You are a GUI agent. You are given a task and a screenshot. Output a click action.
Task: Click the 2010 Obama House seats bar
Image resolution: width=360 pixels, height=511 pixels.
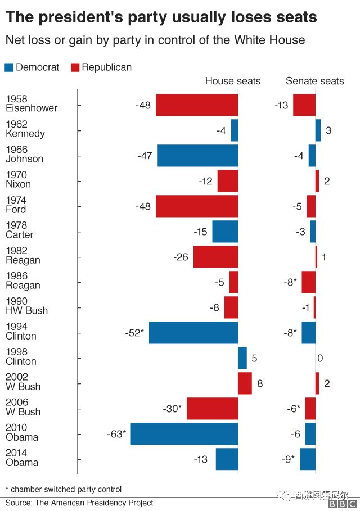click(x=184, y=434)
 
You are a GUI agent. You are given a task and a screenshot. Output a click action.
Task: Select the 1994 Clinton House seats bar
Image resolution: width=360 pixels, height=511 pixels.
click(x=193, y=333)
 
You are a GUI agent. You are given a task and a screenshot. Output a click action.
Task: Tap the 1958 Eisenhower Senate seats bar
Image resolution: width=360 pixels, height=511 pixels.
click(x=304, y=105)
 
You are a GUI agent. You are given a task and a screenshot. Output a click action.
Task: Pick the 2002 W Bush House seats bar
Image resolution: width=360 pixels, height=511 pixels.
click(x=245, y=383)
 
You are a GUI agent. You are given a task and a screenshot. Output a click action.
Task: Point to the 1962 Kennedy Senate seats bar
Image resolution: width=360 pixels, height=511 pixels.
click(x=318, y=130)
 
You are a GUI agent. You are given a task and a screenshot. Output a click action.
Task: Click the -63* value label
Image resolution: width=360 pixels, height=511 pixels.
click(x=116, y=434)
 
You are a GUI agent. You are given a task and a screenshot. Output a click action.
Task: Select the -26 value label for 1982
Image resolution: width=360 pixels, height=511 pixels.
click(x=181, y=257)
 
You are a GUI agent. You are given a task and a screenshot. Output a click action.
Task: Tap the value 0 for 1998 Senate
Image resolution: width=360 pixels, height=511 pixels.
click(x=320, y=358)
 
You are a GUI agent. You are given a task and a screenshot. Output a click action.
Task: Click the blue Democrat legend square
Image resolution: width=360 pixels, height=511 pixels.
click(x=9, y=67)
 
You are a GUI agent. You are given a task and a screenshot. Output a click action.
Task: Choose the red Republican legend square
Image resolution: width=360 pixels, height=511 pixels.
click(x=75, y=67)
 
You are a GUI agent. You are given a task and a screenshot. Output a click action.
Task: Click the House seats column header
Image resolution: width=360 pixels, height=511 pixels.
click(x=232, y=81)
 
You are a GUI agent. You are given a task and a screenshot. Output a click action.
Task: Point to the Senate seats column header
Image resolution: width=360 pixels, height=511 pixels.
click(x=314, y=81)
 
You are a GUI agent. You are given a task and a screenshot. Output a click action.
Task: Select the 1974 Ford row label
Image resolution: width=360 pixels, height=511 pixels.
click(x=16, y=205)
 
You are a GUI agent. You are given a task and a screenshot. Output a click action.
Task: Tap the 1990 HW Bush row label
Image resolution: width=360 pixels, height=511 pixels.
click(x=26, y=306)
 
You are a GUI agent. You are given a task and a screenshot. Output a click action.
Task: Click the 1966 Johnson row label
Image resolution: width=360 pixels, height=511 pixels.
click(x=24, y=154)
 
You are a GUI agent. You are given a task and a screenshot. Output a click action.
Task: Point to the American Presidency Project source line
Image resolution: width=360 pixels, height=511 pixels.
click(x=79, y=503)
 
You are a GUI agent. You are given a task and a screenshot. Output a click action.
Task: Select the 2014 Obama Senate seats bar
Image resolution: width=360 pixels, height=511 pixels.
click(x=308, y=459)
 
